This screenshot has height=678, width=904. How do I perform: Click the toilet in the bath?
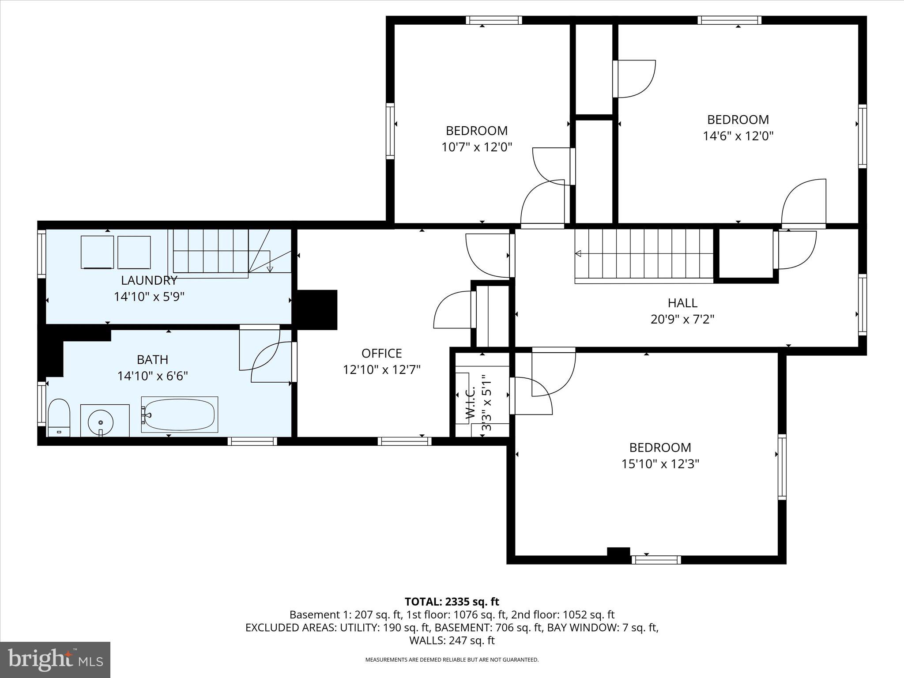pos(59,417)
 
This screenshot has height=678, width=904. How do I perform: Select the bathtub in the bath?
pos(179,414)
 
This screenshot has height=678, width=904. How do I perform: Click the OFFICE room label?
pos(381,353)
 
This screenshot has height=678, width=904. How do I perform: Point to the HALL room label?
pos(682,303)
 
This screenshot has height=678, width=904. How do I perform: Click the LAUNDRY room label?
pos(149,280)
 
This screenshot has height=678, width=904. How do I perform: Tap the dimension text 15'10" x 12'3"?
pos(660,464)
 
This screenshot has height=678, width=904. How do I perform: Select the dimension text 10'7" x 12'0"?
pos(477,147)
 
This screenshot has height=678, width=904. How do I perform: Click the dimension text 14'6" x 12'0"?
pos(738,136)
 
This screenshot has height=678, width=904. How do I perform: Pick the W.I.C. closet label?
pos(471,403)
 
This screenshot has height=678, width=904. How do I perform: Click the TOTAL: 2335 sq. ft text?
pos(452,602)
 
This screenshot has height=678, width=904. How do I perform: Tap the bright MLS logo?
pos(55,659)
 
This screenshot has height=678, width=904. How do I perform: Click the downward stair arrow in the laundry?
pos(270,268)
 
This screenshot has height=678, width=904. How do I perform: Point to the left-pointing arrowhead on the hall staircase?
pos(578,253)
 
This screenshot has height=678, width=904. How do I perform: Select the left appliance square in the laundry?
pos(97,252)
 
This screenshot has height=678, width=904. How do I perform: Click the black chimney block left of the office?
pos(317,309)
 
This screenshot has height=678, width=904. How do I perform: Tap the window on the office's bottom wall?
pos(404,441)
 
